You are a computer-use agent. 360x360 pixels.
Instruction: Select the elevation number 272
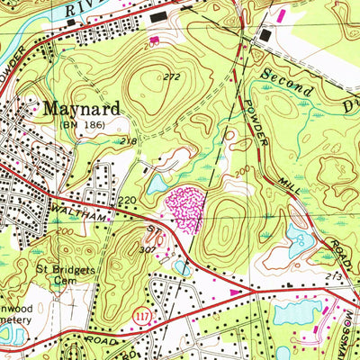pos(172,77)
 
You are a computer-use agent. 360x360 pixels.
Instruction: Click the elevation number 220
pos(126,200)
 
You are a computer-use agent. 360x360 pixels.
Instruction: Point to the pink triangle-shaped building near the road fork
pos(236,292)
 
